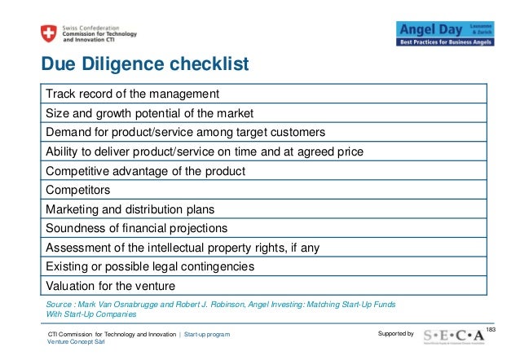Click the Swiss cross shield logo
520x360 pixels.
(x=47, y=33)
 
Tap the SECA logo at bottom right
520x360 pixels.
(x=459, y=335)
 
